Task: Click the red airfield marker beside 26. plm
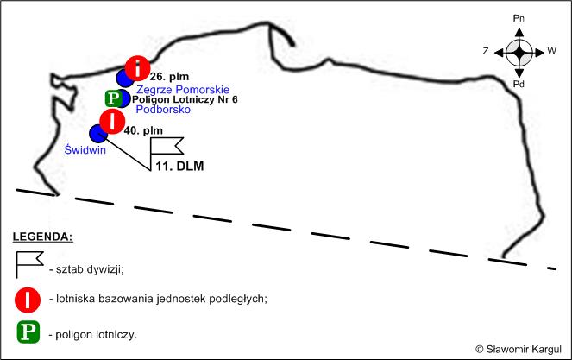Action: (x=137, y=68)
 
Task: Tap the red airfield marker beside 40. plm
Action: (x=112, y=122)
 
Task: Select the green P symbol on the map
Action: (x=113, y=98)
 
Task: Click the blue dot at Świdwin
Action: (x=98, y=134)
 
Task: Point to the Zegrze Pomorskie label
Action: (x=183, y=90)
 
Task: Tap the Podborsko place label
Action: (x=163, y=109)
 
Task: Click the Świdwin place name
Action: (x=85, y=149)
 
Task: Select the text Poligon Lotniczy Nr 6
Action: (x=185, y=99)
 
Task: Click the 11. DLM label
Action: (x=179, y=166)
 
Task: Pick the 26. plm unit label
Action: (x=170, y=77)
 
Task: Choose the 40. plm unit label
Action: (x=143, y=130)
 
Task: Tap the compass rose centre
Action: (x=519, y=53)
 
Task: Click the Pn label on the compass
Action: (x=519, y=18)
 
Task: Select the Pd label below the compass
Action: (x=519, y=85)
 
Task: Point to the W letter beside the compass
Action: (x=552, y=51)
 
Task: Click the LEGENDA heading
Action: (x=42, y=237)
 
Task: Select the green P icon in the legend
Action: (x=28, y=332)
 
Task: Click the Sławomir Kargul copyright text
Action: (x=519, y=349)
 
